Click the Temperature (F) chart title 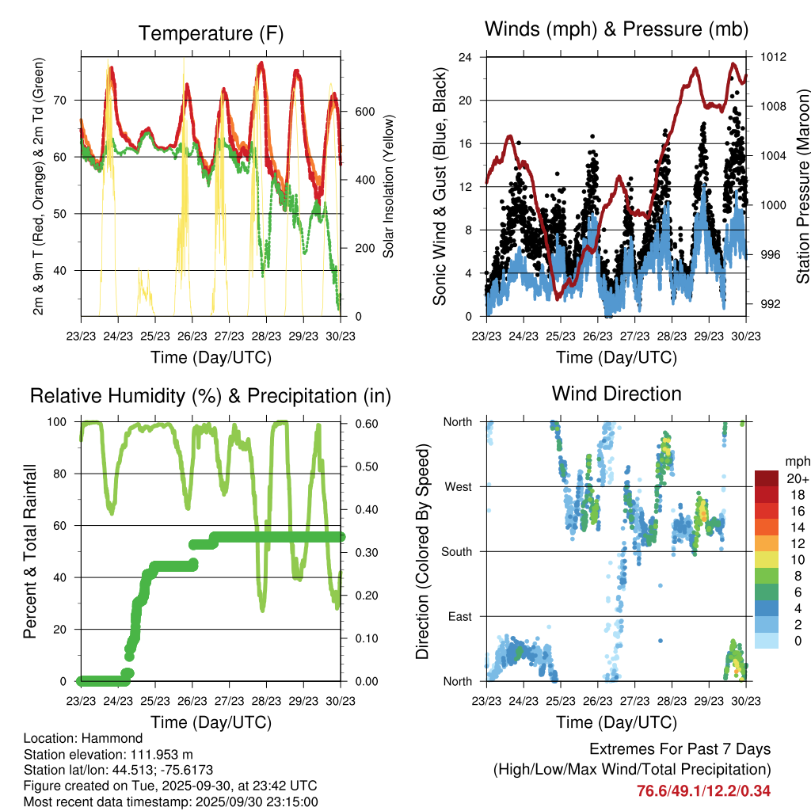point(211,33)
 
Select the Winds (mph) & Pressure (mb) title point(616,30)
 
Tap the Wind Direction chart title point(616,393)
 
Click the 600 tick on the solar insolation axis point(365,112)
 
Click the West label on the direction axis point(458,487)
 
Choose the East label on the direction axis point(459,616)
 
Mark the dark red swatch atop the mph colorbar point(767,478)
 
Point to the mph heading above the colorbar point(796,461)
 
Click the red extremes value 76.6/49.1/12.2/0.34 point(703,790)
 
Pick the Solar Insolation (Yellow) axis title point(389,187)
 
